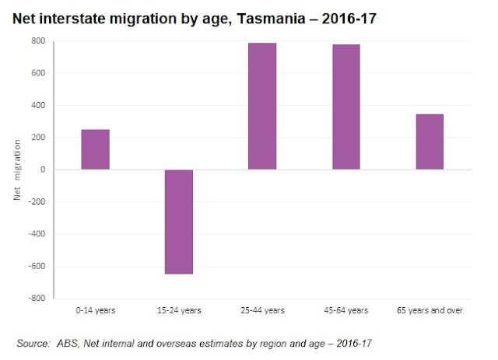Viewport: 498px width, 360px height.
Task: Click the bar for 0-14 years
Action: (95, 149)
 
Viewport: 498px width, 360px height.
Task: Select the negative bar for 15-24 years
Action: (178, 222)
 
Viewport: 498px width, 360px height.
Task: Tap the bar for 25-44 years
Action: (262, 107)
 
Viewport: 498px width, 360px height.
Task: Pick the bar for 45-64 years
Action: (346, 107)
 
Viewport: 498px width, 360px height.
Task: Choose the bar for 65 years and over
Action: (430, 142)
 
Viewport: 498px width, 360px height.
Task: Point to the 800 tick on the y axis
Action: (38, 41)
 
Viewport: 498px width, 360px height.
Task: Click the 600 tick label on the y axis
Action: (38, 74)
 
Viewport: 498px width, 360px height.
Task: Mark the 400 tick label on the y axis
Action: (38, 106)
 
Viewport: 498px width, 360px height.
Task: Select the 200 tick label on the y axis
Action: (38, 138)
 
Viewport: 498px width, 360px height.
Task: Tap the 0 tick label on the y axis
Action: (42, 170)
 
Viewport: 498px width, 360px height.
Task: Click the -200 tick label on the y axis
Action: (37, 202)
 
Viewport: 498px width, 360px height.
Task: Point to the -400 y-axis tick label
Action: (37, 234)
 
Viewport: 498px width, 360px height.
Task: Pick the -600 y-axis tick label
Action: (37, 266)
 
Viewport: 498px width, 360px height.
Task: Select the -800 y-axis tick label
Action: (37, 299)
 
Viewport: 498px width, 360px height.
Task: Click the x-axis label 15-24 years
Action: (178, 311)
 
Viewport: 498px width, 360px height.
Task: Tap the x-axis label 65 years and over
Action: (430, 311)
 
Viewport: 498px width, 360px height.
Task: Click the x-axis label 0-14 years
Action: (95, 311)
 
